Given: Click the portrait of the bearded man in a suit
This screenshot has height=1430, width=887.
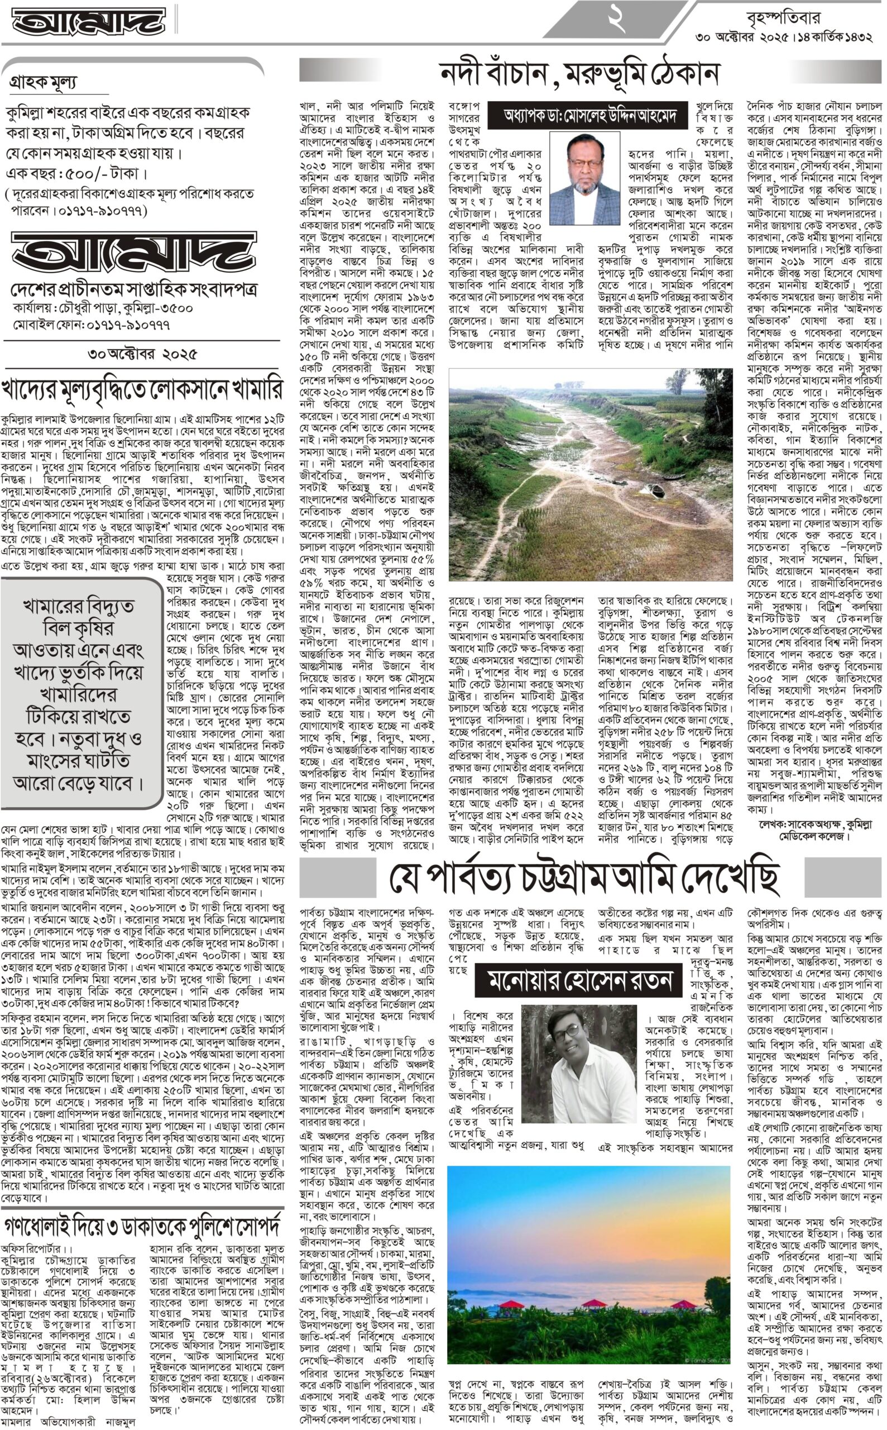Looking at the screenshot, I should pyautogui.click(x=584, y=178).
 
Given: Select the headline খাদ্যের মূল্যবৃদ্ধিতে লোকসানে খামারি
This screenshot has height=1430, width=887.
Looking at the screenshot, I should pyautogui.click(x=142, y=391).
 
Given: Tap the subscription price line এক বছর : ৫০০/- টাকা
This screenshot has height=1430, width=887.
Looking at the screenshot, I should pyautogui.click(x=76, y=174).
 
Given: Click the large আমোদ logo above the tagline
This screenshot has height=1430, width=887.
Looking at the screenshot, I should pyautogui.click(x=134, y=254).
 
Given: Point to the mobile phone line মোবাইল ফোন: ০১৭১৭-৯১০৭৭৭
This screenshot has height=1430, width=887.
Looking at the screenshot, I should pyautogui.click(x=92, y=324).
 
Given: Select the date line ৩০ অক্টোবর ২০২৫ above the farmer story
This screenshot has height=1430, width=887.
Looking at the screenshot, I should pyautogui.click(x=142, y=354).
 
